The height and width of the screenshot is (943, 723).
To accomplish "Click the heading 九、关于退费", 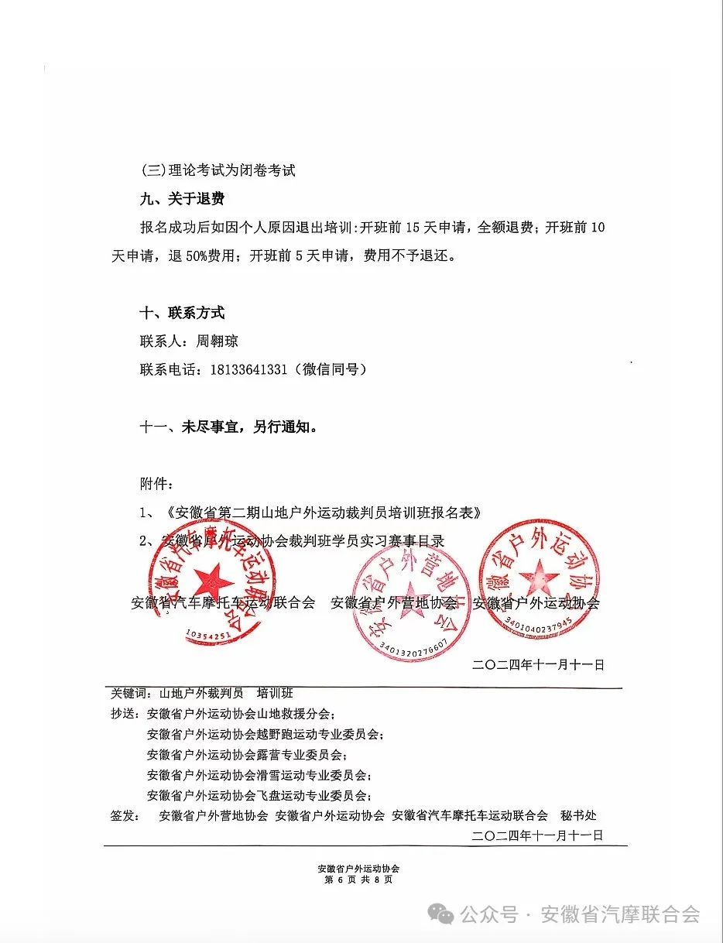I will pos(182,199).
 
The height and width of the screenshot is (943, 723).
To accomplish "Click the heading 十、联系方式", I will pos(182,314).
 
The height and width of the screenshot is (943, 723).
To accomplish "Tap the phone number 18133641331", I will pos(248,369).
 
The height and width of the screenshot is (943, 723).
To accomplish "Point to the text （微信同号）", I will pos(328,369).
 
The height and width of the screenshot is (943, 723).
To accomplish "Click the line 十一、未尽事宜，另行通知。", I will pos(228,427).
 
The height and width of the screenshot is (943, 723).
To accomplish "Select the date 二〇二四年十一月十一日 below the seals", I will pos(537,665).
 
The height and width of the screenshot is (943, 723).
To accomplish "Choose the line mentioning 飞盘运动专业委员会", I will pos(259,795).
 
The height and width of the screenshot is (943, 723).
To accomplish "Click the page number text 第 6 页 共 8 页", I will pos(358,880).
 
